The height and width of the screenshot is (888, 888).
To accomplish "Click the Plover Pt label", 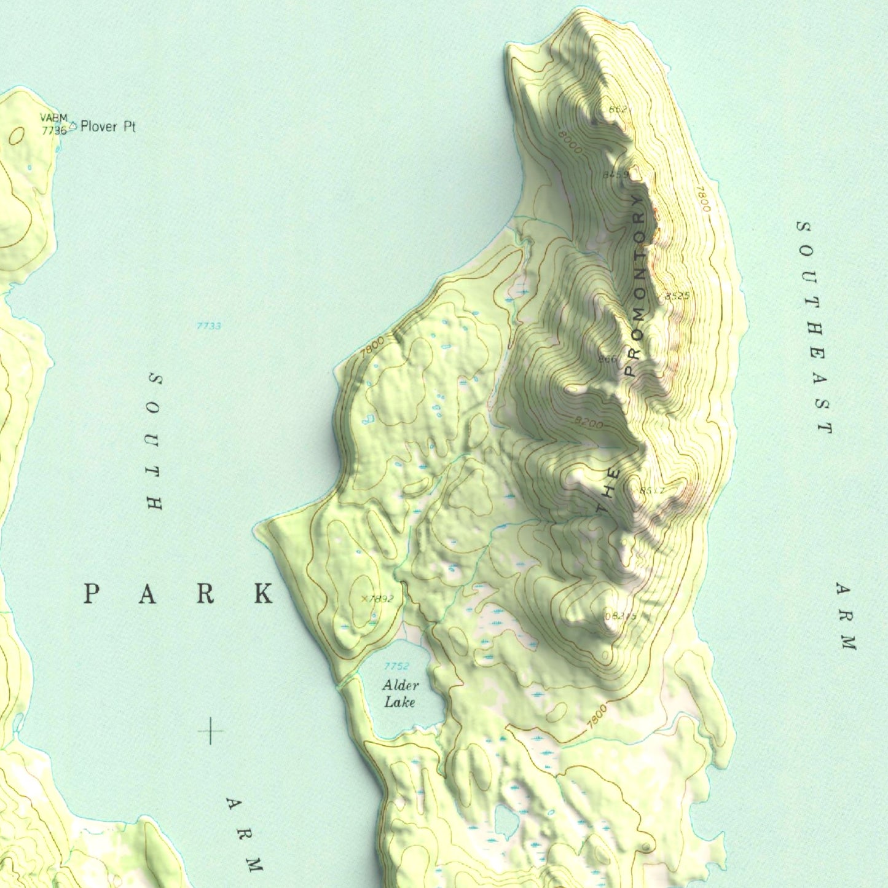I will tap(108, 127).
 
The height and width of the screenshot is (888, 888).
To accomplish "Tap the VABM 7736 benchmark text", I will tap(53, 124).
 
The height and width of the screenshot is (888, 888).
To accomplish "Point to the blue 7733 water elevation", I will tap(208, 326).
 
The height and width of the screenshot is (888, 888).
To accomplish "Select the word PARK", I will tap(178, 594).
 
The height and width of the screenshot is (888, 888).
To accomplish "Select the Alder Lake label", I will tap(400, 694).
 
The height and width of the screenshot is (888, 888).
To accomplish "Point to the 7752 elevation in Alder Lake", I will tap(396, 666).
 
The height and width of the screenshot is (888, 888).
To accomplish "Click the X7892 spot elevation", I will tap(377, 599).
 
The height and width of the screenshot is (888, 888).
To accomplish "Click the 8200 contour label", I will tap(588, 423).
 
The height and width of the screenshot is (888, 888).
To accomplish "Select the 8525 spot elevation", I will tap(677, 296).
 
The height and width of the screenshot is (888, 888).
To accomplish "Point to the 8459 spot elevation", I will tap(615, 175).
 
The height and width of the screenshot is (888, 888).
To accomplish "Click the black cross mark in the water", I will tap(210, 731).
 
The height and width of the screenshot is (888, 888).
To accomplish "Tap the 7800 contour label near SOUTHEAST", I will tap(704, 199).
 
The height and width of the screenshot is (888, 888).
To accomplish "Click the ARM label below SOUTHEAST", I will tap(846, 616).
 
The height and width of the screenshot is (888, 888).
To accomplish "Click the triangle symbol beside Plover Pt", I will tap(73, 125).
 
